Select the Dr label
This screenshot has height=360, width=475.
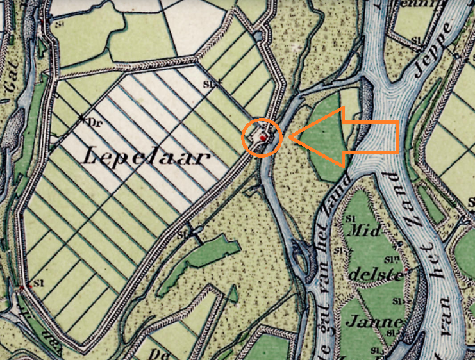tap(97, 122)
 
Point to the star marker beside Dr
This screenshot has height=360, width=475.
tap(83, 119)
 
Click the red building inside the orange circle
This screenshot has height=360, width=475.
tap(262, 138)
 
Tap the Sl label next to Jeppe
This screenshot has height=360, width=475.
tap(416, 40)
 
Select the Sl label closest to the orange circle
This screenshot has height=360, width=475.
tap(208, 83)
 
